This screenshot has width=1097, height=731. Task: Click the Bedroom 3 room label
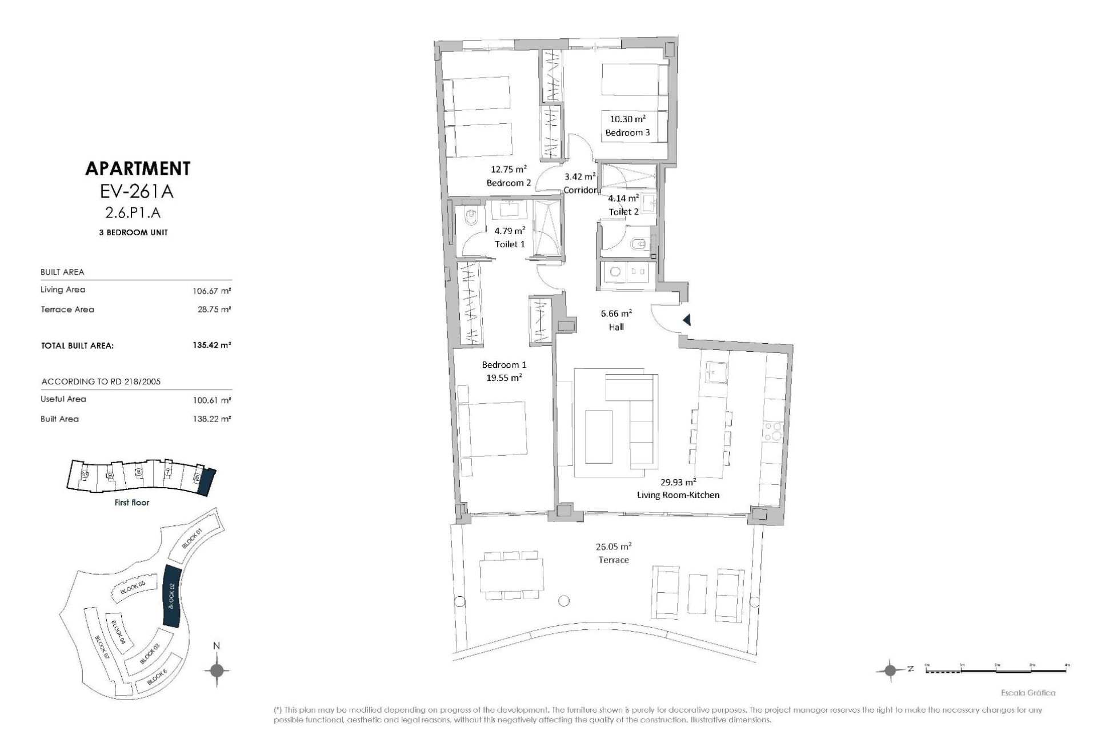(627, 132)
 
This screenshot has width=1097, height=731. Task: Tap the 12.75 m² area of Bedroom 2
(508, 169)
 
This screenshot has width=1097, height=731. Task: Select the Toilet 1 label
(510, 244)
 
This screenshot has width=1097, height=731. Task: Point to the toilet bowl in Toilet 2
(638, 246)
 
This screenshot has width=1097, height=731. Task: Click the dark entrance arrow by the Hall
(687, 320)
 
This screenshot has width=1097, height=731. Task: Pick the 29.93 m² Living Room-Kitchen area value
(678, 481)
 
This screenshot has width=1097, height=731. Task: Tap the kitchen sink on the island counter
(716, 373)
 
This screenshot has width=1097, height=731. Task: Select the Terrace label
(614, 560)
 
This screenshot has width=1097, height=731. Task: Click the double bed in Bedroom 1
(493, 429)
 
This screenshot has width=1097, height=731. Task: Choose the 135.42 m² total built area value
(211, 345)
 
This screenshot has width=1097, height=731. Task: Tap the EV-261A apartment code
(137, 191)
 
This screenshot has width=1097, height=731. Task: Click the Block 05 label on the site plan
(133, 588)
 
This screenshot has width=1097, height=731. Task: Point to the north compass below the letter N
(217, 670)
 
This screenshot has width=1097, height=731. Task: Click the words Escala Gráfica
(1028, 693)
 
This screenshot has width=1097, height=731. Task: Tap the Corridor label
(579, 190)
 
